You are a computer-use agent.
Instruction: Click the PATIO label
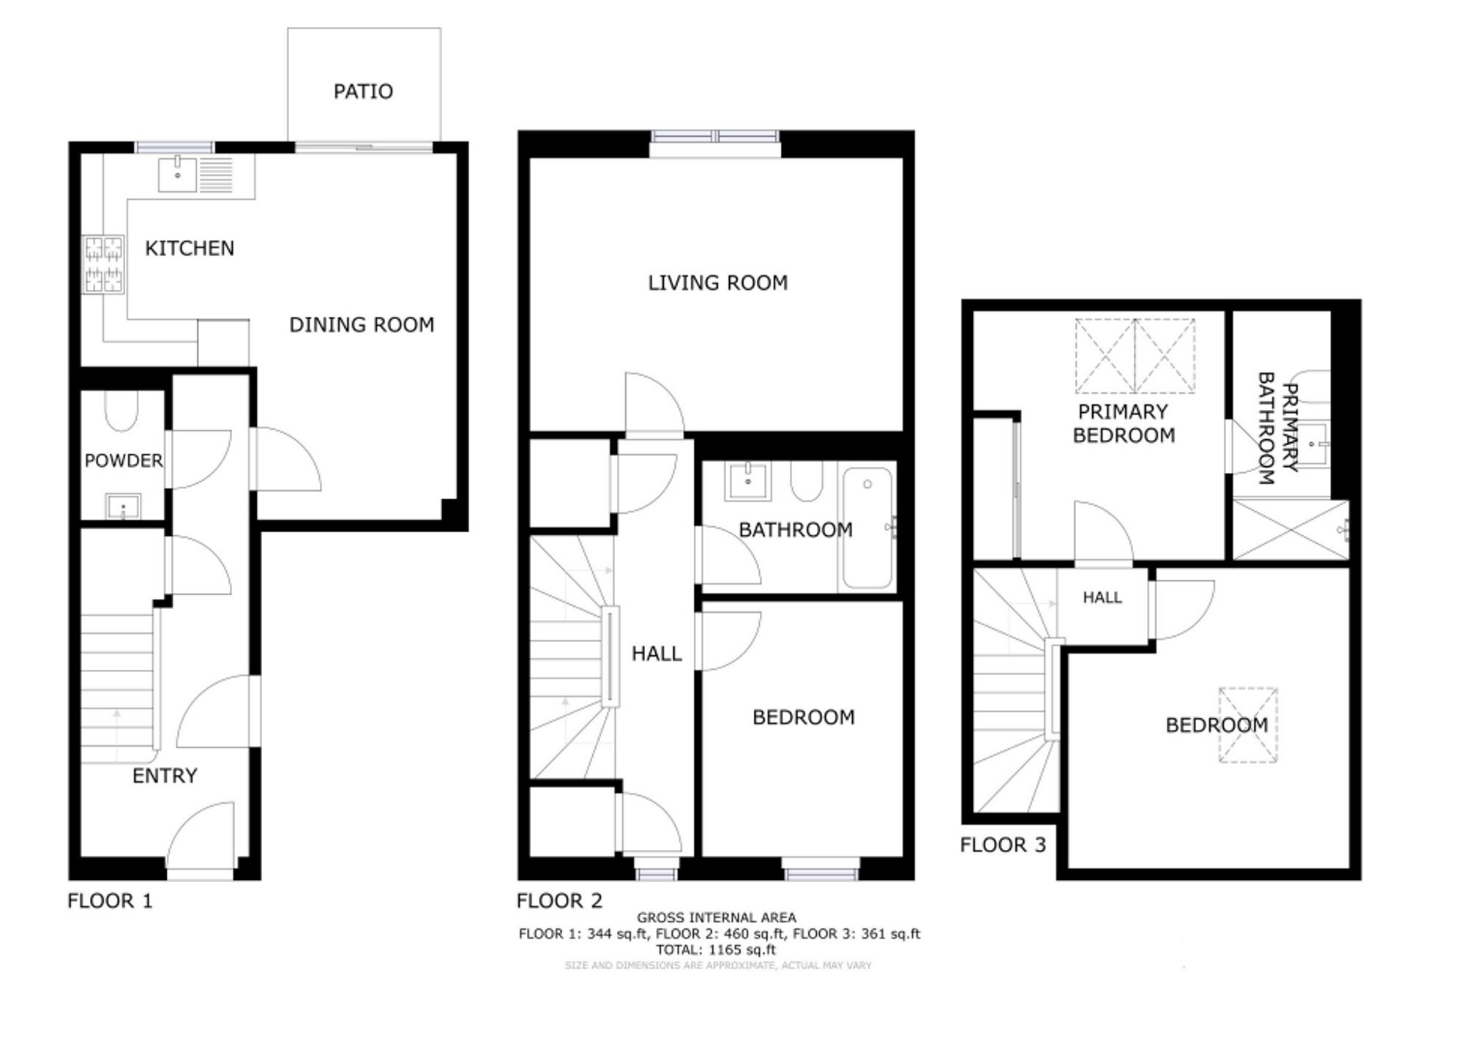(x=363, y=92)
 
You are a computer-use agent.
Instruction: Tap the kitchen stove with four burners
(x=103, y=264)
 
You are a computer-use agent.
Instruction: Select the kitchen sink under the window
(x=178, y=174)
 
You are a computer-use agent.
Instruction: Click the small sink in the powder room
(x=124, y=506)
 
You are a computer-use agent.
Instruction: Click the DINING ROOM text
(x=362, y=324)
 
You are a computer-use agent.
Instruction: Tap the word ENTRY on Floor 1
(x=165, y=776)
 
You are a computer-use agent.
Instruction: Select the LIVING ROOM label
(x=718, y=283)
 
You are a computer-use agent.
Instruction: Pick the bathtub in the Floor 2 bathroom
(x=867, y=528)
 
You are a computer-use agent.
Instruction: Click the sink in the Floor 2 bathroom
(x=747, y=482)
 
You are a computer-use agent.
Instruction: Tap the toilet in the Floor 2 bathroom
(x=807, y=481)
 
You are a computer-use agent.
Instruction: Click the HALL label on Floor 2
(x=657, y=654)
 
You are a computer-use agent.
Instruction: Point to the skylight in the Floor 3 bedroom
(x=1248, y=725)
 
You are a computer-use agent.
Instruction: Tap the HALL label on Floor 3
(x=1102, y=597)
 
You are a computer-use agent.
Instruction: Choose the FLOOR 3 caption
(x=1003, y=845)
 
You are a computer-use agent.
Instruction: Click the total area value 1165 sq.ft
(x=742, y=950)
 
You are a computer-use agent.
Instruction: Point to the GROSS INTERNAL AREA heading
(x=717, y=917)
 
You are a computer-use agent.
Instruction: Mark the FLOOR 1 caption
(x=110, y=900)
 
